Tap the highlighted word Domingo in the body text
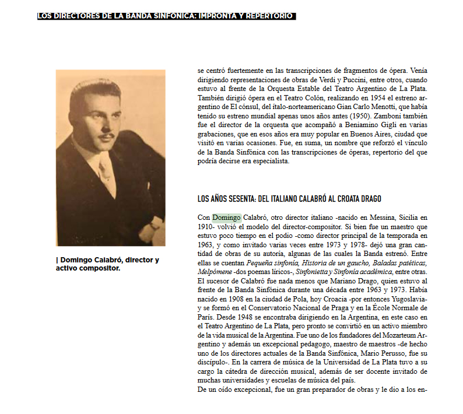pos(226,217)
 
